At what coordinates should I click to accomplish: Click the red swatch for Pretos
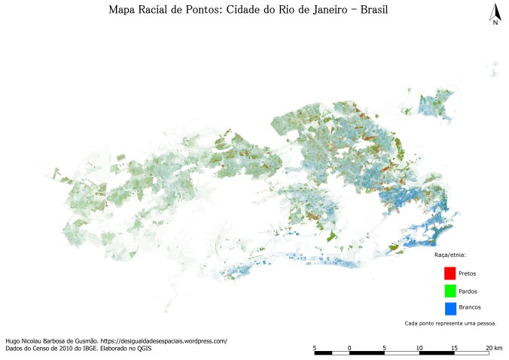[x=450, y=273]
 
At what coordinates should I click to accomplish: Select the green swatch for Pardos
[x=450, y=291]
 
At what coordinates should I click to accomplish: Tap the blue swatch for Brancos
[x=450, y=308]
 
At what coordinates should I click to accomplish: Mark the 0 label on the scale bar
[x=349, y=346]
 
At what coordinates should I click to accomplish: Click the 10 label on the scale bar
[x=419, y=346]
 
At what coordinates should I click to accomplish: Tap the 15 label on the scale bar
[x=454, y=346]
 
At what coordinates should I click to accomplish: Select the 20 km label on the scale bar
[x=494, y=346]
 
